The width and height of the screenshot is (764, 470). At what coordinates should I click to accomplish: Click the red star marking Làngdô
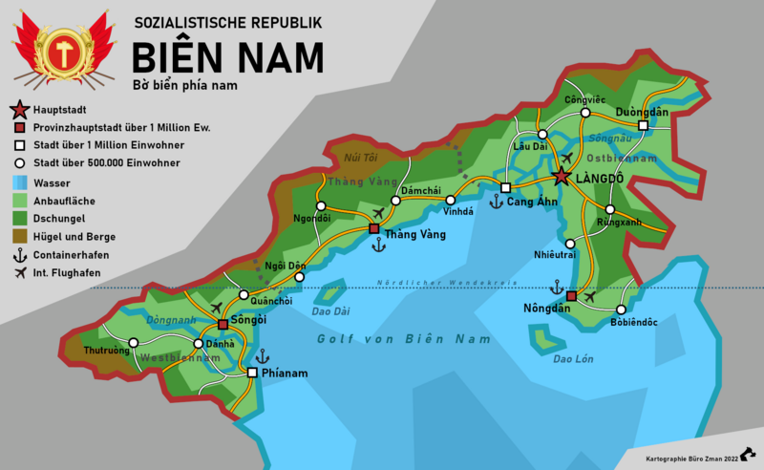pyautogui.click(x=562, y=177)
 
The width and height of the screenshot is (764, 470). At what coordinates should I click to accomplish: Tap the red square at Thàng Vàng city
pyautogui.click(x=374, y=229)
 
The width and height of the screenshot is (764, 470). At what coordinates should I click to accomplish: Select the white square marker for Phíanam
pyautogui.click(x=252, y=373)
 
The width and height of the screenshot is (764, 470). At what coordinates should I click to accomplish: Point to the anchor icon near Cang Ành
pyautogui.click(x=495, y=202)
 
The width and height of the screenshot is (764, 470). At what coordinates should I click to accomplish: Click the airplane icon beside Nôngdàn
pyautogui.click(x=588, y=296)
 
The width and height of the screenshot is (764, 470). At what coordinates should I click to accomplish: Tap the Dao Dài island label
pyautogui.click(x=330, y=310)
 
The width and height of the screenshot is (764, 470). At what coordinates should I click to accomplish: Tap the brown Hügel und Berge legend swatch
pyautogui.click(x=18, y=236)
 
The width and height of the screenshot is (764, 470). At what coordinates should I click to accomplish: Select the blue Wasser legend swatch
pyautogui.click(x=18, y=182)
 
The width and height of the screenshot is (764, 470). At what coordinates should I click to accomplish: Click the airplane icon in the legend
pyautogui.click(x=18, y=273)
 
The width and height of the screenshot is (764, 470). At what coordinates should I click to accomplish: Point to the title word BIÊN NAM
pyautogui.click(x=227, y=57)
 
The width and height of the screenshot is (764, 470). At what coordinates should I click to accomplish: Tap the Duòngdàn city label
pyautogui.click(x=642, y=112)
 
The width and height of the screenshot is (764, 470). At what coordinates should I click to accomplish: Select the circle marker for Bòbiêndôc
pyautogui.click(x=621, y=310)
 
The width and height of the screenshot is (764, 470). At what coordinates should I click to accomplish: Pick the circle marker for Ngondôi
pyautogui.click(x=321, y=205)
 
